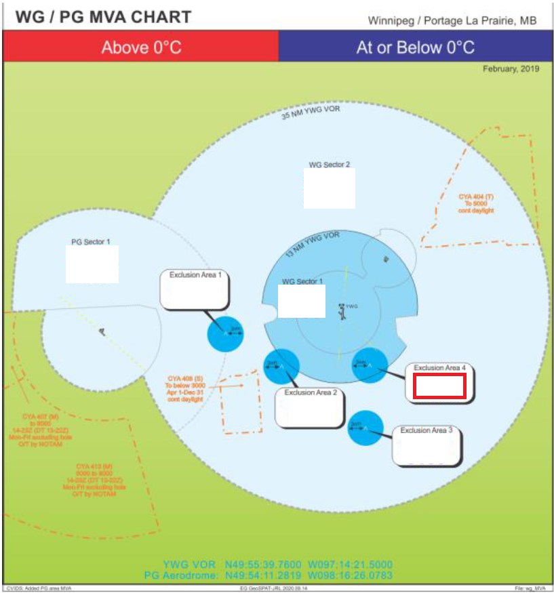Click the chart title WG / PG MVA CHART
pyautogui.click(x=103, y=17)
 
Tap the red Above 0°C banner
pyautogui.click(x=141, y=47)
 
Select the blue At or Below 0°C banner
pyautogui.click(x=415, y=47)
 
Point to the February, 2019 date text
pyautogui.click(x=511, y=69)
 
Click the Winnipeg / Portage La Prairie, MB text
pyautogui.click(x=452, y=20)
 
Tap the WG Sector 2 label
pyautogui.click(x=330, y=165)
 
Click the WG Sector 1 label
pyautogui.click(x=302, y=281)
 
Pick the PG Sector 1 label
pyautogui.click(x=91, y=241)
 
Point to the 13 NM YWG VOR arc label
pyautogui.click(x=312, y=242)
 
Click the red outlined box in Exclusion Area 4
pyautogui.click(x=439, y=386)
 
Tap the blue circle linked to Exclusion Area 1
pyautogui.click(x=225, y=333)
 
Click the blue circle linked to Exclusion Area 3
pyautogui.click(x=365, y=428)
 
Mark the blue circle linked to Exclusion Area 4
pyautogui.click(x=370, y=365)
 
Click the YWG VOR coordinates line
pyautogui.click(x=277, y=564)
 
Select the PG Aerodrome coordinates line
pyautogui.click(x=269, y=575)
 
